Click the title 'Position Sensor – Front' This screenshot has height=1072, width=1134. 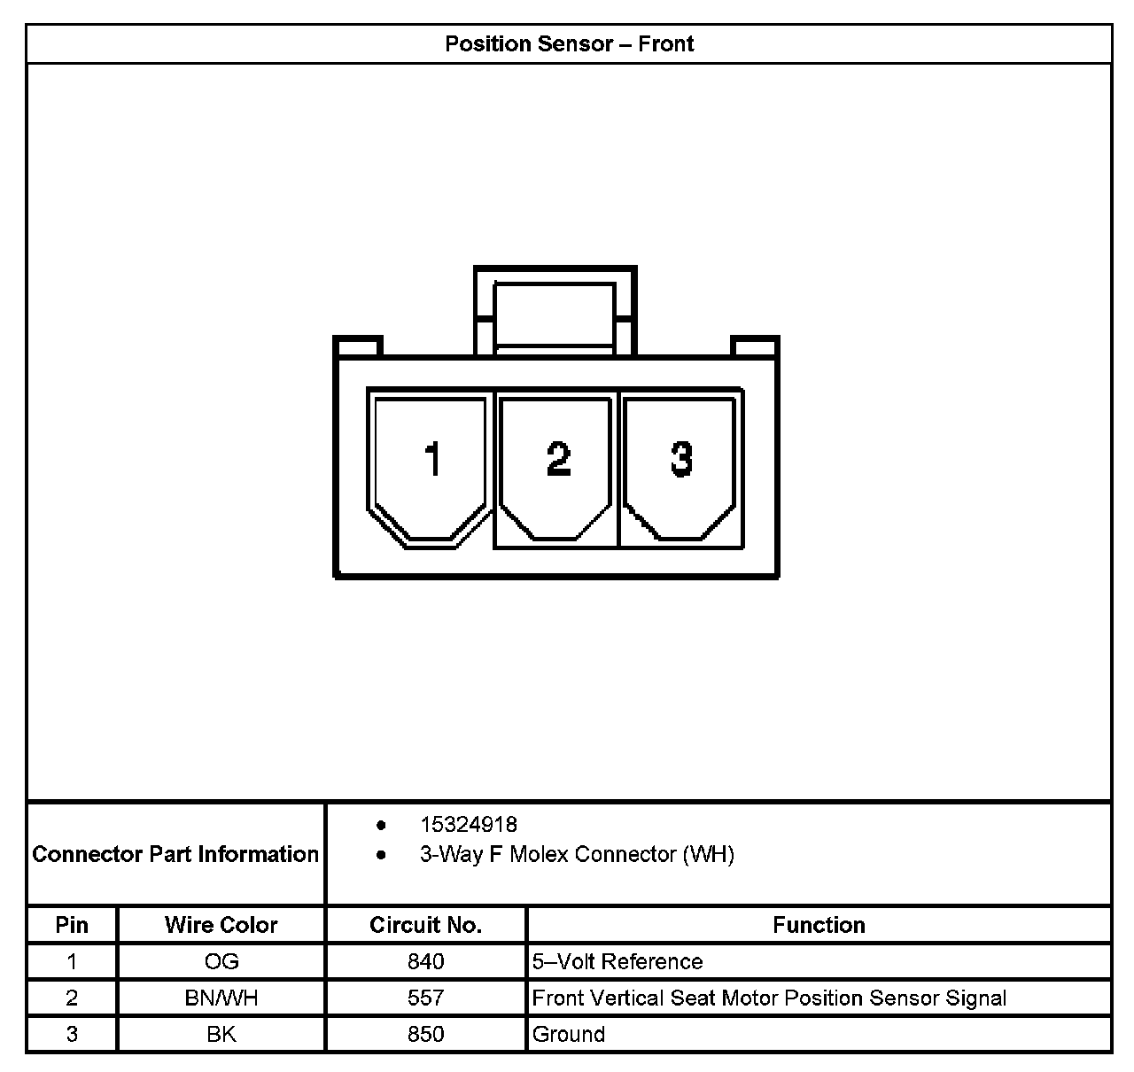click(569, 44)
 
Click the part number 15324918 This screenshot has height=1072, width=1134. click(468, 825)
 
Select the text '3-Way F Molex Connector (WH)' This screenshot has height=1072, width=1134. click(577, 854)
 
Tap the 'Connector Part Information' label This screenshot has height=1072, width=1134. click(175, 854)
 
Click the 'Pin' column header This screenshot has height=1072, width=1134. click(72, 925)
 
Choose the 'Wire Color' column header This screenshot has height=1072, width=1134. click(221, 925)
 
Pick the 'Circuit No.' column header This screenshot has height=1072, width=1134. click(425, 925)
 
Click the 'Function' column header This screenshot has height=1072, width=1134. click(819, 925)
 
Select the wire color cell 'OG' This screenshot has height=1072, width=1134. click(221, 961)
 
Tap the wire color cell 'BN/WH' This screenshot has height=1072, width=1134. click(221, 998)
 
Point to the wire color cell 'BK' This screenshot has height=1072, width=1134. click(221, 1034)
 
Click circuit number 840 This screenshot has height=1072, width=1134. click(425, 961)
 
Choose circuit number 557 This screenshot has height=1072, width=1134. click(425, 998)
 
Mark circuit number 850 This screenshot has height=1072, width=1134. click(425, 1034)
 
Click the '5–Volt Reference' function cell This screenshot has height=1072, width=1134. click(617, 961)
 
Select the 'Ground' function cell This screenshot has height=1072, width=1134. click(569, 1034)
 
